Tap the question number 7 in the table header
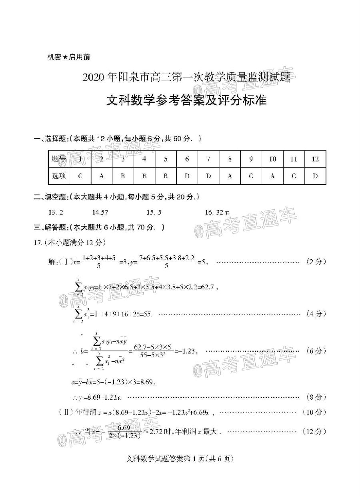tap(208, 159)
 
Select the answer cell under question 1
tap(80, 176)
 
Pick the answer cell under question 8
tap(230, 176)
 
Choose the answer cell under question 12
tap(315, 176)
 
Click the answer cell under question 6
tap(187, 176)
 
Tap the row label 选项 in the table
tap(59, 176)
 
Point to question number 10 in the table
tap(272, 159)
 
